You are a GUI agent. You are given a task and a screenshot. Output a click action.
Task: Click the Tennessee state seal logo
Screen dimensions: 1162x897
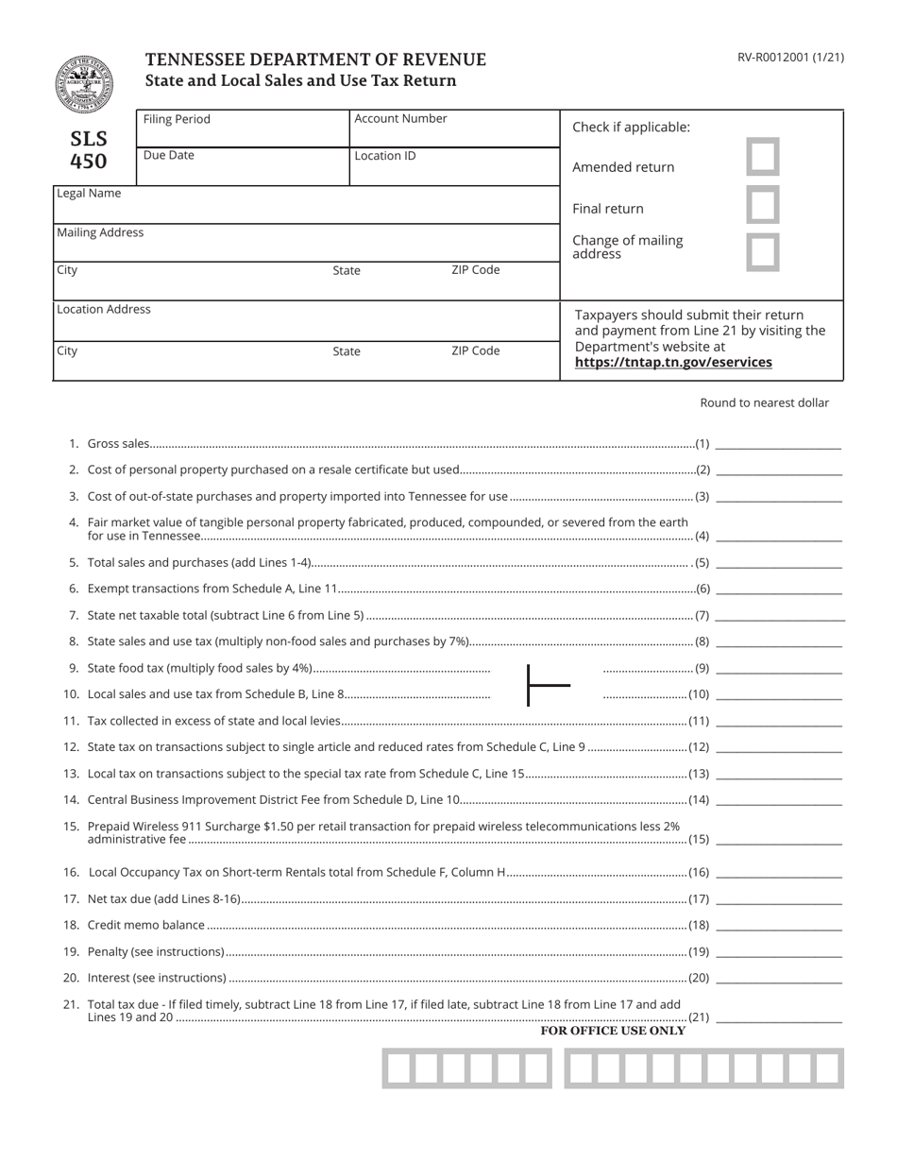(x=83, y=85)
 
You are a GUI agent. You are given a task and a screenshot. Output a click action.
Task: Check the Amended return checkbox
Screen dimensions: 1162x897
(x=763, y=157)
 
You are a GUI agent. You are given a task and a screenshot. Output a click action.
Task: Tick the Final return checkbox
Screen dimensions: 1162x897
(x=763, y=205)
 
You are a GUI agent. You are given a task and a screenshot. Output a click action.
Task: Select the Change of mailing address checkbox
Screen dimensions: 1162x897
(x=763, y=252)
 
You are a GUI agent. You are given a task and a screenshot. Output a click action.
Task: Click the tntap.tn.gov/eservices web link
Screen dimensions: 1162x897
(x=672, y=363)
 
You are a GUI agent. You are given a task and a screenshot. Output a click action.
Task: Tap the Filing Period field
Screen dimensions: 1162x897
(x=243, y=129)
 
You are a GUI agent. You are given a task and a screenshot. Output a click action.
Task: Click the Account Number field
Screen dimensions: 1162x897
(x=454, y=129)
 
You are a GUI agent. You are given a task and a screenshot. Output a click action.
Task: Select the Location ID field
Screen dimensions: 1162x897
(x=454, y=167)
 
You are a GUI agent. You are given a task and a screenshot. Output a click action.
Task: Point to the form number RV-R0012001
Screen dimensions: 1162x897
(x=790, y=58)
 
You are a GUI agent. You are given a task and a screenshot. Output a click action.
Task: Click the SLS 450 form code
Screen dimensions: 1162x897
(x=89, y=150)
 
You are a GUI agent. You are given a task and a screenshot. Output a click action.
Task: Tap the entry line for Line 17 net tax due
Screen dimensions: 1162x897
(x=778, y=898)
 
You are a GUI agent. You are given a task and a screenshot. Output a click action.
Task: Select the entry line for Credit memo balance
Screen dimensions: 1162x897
(x=778, y=925)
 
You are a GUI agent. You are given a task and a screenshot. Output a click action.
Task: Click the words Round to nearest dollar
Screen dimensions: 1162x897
(x=764, y=403)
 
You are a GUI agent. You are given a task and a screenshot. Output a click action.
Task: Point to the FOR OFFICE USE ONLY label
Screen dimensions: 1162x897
(x=613, y=1032)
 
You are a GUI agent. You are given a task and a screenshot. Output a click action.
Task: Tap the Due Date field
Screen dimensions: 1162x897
(x=243, y=167)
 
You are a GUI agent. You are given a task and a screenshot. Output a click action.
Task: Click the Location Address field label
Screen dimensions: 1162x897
(x=103, y=310)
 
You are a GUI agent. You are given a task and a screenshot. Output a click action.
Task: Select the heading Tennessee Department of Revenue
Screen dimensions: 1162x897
(x=315, y=60)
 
